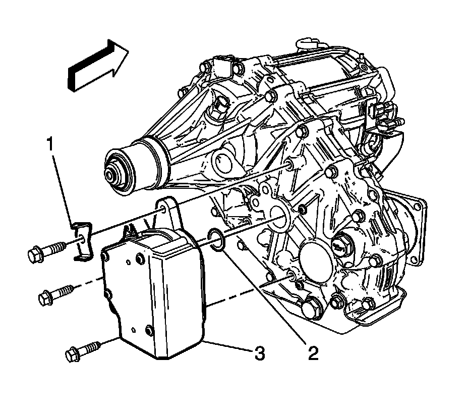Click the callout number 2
pos(313,353)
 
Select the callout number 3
pos(259,354)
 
